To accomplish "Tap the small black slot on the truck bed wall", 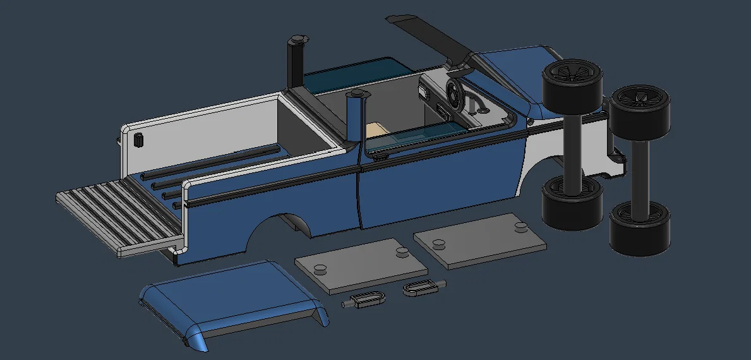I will [x=138, y=140].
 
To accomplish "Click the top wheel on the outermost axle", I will [x=640, y=110].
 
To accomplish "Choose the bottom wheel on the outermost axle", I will [x=639, y=227].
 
